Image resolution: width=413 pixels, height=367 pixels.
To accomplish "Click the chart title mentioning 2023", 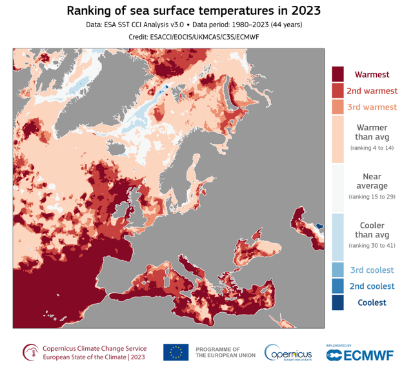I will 206,11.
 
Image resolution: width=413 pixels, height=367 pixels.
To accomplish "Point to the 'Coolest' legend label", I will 372,303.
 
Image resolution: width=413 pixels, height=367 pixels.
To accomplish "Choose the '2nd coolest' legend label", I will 372,286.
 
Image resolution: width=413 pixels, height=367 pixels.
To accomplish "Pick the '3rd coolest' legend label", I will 372,270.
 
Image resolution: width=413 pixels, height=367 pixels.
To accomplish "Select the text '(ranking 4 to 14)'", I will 372,148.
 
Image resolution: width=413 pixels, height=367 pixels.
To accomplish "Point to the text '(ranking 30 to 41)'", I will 372,246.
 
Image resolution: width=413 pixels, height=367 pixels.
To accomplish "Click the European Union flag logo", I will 176,352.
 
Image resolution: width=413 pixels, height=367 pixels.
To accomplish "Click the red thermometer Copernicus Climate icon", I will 30,352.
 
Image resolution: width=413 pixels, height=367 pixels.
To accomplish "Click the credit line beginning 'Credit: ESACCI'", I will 206,38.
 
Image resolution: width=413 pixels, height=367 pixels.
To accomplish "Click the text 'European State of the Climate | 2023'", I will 95,357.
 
